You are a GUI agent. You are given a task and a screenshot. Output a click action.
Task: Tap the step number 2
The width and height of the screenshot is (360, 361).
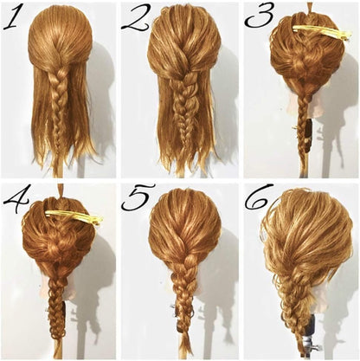(x=135, y=17)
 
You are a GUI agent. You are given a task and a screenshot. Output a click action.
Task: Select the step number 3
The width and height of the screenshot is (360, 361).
(x=259, y=17)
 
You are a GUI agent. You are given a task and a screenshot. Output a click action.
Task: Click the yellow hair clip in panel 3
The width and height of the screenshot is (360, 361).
(x=323, y=32)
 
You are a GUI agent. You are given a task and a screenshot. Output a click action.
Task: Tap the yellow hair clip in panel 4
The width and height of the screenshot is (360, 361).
(x=74, y=216)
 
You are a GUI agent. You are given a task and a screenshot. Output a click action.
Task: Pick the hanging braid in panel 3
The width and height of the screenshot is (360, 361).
(x=304, y=127)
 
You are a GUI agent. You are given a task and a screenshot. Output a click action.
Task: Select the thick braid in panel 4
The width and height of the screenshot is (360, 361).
(x=57, y=306)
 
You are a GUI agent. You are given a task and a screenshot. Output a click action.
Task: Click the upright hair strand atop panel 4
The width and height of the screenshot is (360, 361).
(x=60, y=192)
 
